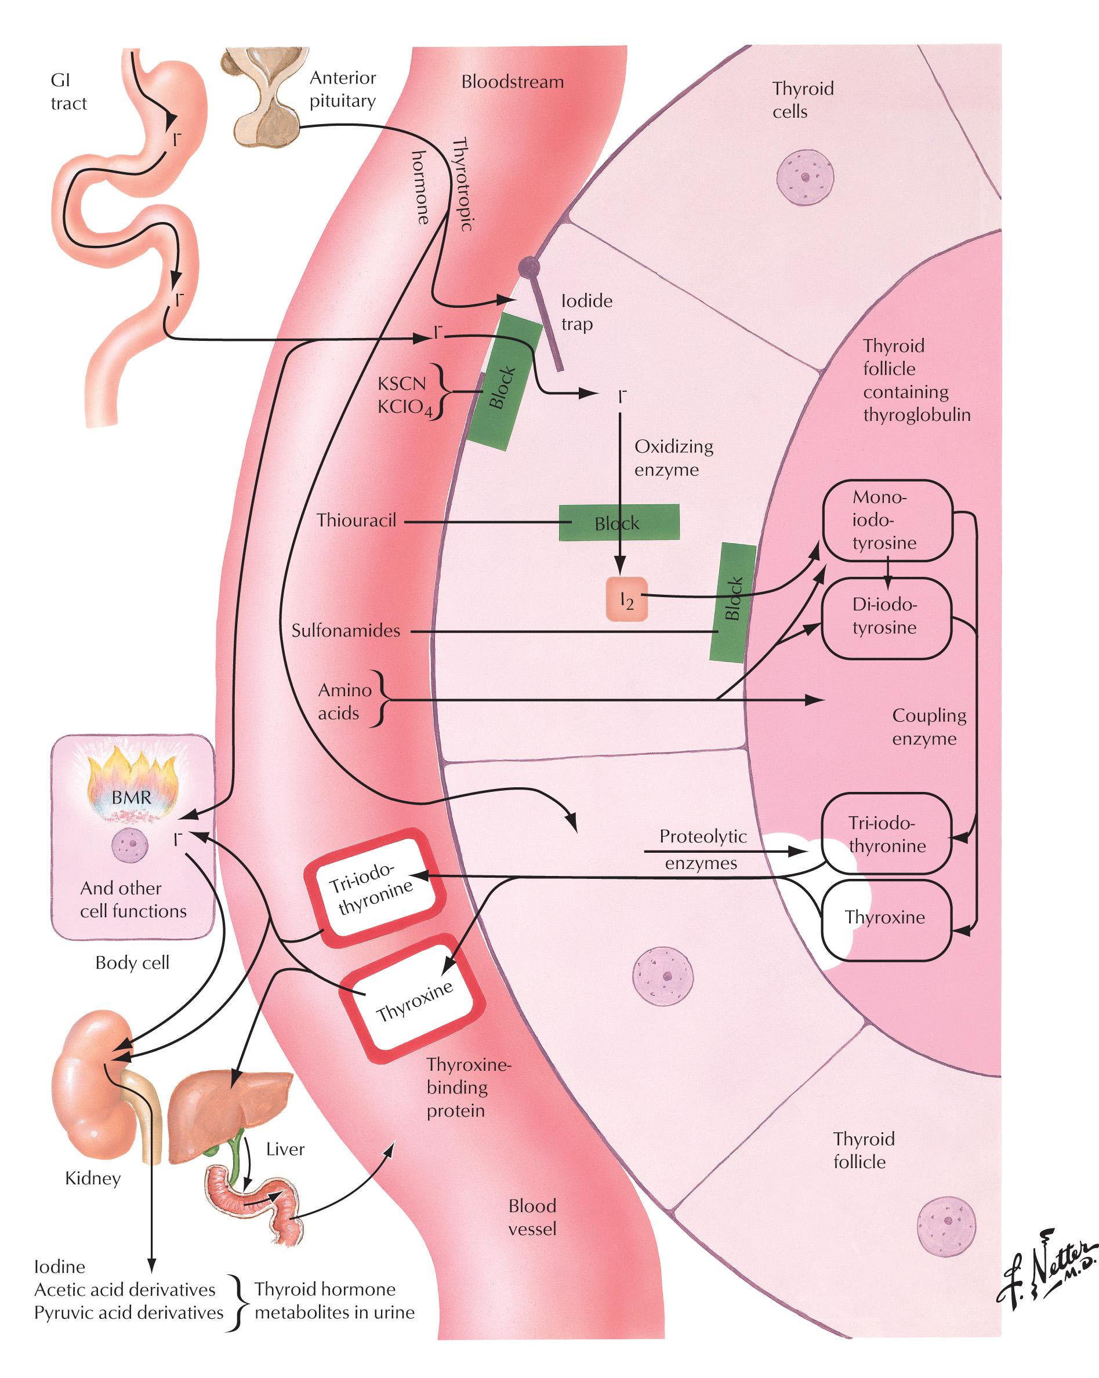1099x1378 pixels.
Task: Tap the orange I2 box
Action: [626, 599]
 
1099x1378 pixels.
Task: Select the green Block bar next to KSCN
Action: [504, 382]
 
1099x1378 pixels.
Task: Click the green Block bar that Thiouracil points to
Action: [619, 522]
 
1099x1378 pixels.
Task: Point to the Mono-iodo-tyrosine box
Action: [887, 519]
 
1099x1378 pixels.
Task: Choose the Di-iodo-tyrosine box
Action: [886, 617]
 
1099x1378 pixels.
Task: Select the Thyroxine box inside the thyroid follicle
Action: [886, 918]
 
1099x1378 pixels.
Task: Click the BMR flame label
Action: [132, 797]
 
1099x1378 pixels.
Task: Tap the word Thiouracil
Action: [356, 520]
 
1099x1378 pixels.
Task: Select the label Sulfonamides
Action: [345, 631]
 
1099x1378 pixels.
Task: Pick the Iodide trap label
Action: [586, 312]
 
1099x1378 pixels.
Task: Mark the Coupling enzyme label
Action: [928, 727]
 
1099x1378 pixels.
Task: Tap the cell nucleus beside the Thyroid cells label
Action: [806, 177]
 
